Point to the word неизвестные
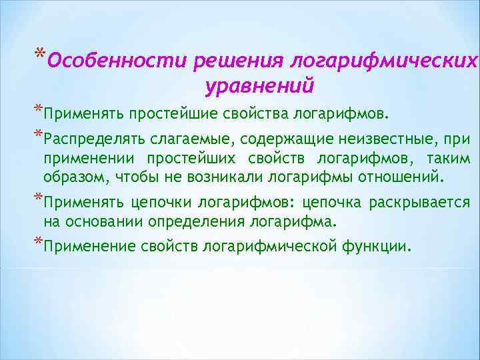click(378, 140)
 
